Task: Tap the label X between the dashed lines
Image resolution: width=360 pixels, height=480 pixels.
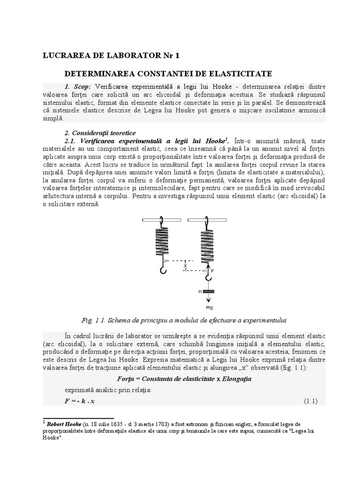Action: click(x=186, y=266)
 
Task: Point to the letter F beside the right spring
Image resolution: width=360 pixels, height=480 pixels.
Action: click(x=212, y=270)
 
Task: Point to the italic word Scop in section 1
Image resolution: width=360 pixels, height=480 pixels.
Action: click(x=82, y=87)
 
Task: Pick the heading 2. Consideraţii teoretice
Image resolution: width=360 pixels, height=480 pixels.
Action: click(x=100, y=133)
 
